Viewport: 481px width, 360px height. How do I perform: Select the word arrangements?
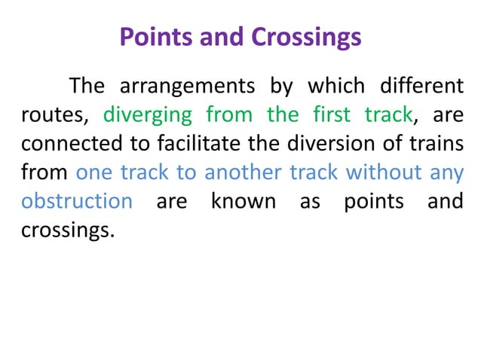click(x=187, y=87)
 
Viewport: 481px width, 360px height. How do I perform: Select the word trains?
click(x=434, y=144)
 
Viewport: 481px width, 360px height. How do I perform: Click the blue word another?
click(x=241, y=172)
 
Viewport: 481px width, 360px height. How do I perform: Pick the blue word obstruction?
click(x=77, y=201)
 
